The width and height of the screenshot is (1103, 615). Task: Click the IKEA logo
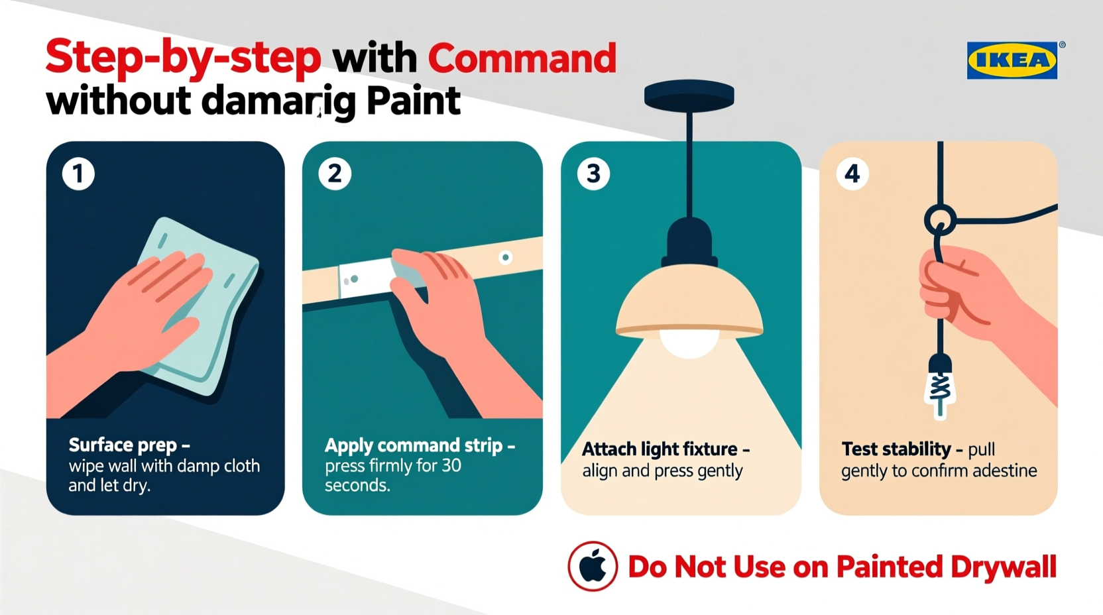click(1012, 60)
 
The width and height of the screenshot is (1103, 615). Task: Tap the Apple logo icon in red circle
click(593, 567)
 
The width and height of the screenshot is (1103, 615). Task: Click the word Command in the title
click(522, 58)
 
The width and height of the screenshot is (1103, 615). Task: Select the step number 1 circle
click(78, 174)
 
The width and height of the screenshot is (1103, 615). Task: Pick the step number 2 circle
click(335, 174)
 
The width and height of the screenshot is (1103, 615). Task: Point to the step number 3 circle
click(593, 174)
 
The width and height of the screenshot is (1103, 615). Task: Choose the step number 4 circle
click(852, 174)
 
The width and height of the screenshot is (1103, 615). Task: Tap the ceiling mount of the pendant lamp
click(689, 97)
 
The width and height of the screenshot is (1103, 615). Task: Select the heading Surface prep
click(123, 445)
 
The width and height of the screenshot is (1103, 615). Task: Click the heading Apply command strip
click(414, 445)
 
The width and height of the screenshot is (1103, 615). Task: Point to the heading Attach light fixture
click(660, 449)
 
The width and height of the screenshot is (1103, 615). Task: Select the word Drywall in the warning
click(1003, 567)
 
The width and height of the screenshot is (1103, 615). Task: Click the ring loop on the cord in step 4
click(940, 220)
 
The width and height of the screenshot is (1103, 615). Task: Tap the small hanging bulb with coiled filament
click(940, 388)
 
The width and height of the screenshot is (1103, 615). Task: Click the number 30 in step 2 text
click(451, 466)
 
